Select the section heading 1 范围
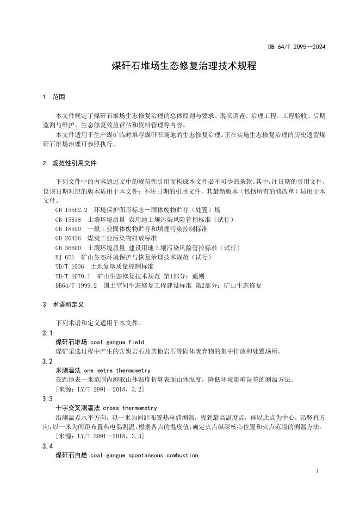click(x=54, y=97)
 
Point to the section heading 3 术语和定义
click(x=61, y=305)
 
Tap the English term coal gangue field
click(x=117, y=342)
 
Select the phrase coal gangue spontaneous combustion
click(x=145, y=455)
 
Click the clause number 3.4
click(x=47, y=446)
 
